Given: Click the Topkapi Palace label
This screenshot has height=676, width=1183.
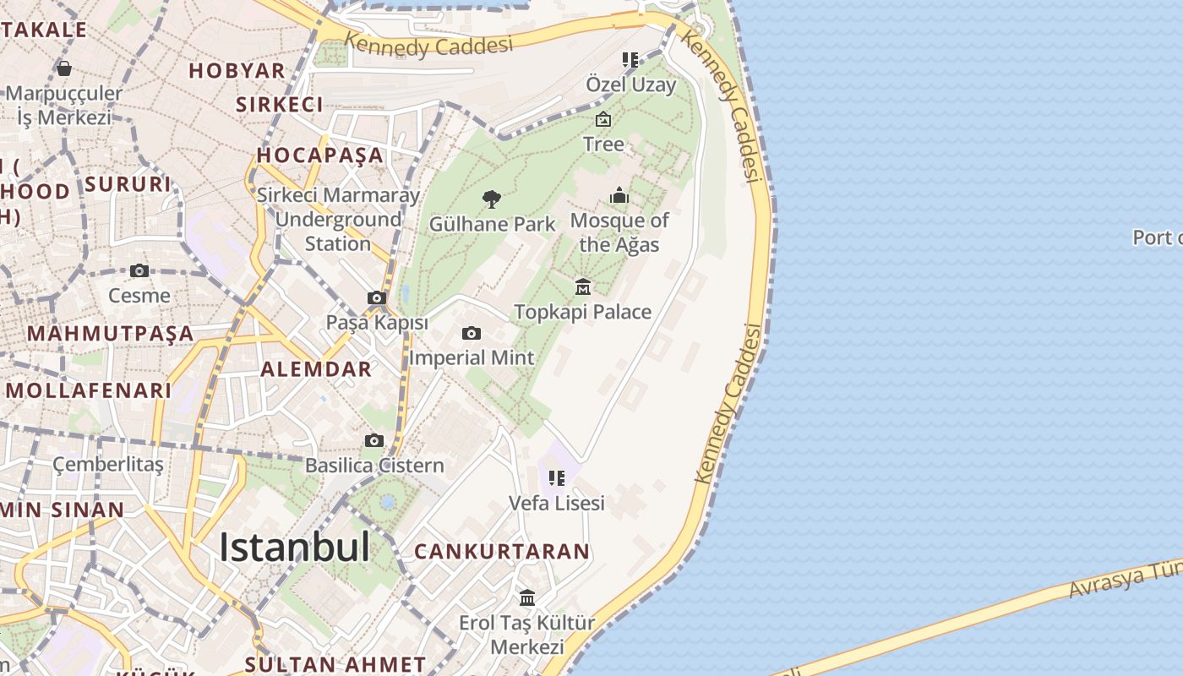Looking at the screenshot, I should pos(583,312).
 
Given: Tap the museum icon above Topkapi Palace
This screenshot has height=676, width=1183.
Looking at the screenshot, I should pos(583,287).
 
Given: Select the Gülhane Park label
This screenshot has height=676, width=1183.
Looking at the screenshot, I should pos(492,224).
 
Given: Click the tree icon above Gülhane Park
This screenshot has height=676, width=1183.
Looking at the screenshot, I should pos(491,199).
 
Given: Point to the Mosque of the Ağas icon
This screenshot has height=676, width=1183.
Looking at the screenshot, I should pos(619,196).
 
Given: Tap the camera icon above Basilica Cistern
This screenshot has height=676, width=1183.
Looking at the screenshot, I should pos(374,440).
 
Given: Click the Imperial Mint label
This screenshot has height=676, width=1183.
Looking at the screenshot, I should pos(472,357).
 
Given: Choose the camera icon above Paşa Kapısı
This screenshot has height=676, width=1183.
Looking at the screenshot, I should pos(377,297).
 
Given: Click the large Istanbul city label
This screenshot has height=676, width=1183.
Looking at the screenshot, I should pos(294,547).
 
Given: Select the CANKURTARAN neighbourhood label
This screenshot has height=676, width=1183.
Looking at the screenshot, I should pos(502,552).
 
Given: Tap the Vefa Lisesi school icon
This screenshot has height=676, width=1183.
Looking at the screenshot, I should pos(557,478).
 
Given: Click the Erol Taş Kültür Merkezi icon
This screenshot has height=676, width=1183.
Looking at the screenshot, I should pos(527,598).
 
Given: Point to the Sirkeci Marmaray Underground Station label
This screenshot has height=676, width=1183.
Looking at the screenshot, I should pos(338,220).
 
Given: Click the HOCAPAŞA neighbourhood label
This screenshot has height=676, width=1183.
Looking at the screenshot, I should pos(320,155).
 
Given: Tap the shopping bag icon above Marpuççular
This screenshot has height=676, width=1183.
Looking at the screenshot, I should pos(64,68).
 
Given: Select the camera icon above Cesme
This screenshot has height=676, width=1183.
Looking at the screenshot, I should pos(139,270).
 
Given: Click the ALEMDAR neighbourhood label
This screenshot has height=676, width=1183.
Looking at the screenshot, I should pos(316,369).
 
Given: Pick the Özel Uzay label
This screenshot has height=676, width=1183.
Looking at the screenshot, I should pos(631,84).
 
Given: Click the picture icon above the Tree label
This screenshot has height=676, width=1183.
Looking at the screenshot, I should pos(603,119).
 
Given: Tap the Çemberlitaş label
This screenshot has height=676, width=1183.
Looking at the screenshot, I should pos(108,465).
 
